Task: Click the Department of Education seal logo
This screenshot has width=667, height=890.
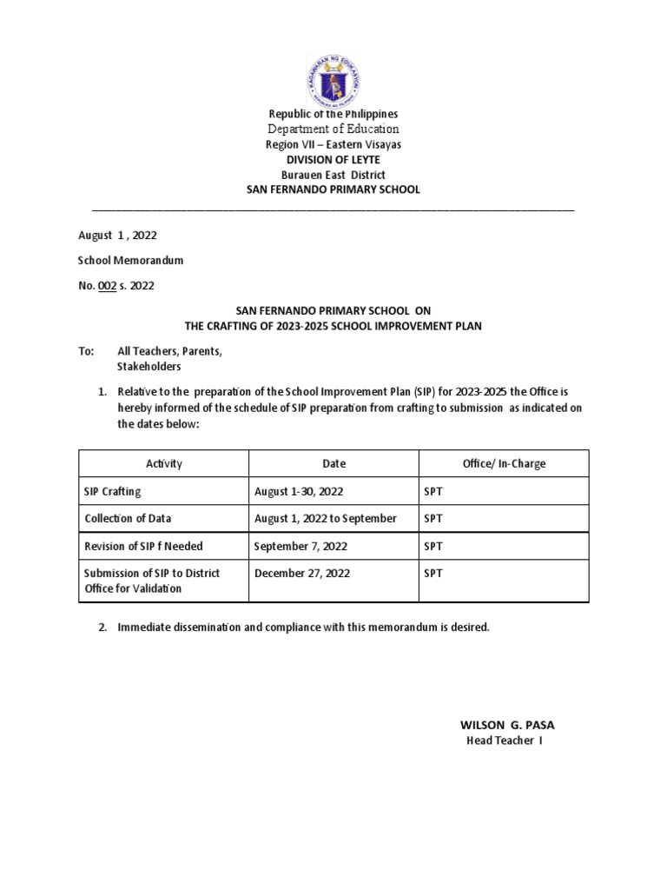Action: (x=333, y=74)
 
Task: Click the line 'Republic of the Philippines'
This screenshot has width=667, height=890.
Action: (x=333, y=114)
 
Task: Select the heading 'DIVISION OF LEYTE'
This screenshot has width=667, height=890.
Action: (x=333, y=160)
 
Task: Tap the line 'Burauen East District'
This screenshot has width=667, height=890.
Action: (x=333, y=175)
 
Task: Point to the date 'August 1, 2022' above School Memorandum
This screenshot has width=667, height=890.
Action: (x=118, y=236)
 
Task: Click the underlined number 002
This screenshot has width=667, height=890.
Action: (x=107, y=284)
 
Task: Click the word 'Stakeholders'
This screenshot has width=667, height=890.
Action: (x=149, y=366)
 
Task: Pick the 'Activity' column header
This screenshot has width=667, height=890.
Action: (x=164, y=464)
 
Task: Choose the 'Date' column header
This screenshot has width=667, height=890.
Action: (x=333, y=464)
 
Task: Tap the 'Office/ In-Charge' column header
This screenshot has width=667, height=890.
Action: (x=504, y=464)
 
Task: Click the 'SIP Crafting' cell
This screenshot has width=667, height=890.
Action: (x=112, y=492)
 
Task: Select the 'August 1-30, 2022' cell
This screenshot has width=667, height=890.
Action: (x=299, y=492)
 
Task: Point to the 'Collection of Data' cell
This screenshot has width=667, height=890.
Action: (x=128, y=519)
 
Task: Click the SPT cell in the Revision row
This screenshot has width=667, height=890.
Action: (x=433, y=547)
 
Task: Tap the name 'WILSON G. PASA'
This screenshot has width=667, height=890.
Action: (x=506, y=725)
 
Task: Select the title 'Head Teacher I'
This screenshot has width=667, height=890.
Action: (x=505, y=741)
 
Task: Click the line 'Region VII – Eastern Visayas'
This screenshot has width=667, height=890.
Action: (x=333, y=144)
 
